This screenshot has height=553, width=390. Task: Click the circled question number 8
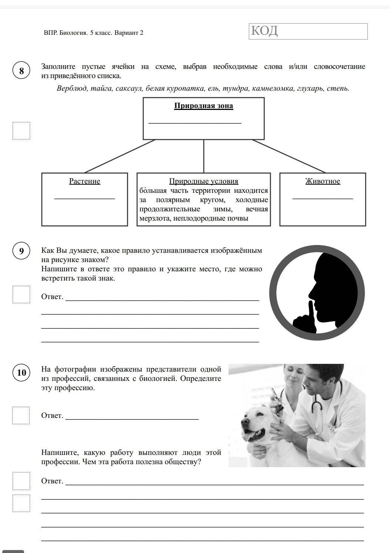21,70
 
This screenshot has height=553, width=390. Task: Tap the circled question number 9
21,251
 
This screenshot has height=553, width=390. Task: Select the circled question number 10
21,372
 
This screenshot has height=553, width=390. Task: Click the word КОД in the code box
264,31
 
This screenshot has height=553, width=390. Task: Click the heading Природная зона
204,106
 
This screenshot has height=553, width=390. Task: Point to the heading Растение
84,181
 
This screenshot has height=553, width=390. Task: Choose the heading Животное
323,181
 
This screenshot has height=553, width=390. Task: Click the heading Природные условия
204,181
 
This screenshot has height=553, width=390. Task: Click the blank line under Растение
84,198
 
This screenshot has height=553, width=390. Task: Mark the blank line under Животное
323,198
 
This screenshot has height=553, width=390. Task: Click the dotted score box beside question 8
21,131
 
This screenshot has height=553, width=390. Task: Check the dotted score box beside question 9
21,294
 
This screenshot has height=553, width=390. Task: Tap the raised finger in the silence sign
310,311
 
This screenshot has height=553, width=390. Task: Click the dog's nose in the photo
244,422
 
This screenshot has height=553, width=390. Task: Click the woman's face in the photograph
291,375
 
